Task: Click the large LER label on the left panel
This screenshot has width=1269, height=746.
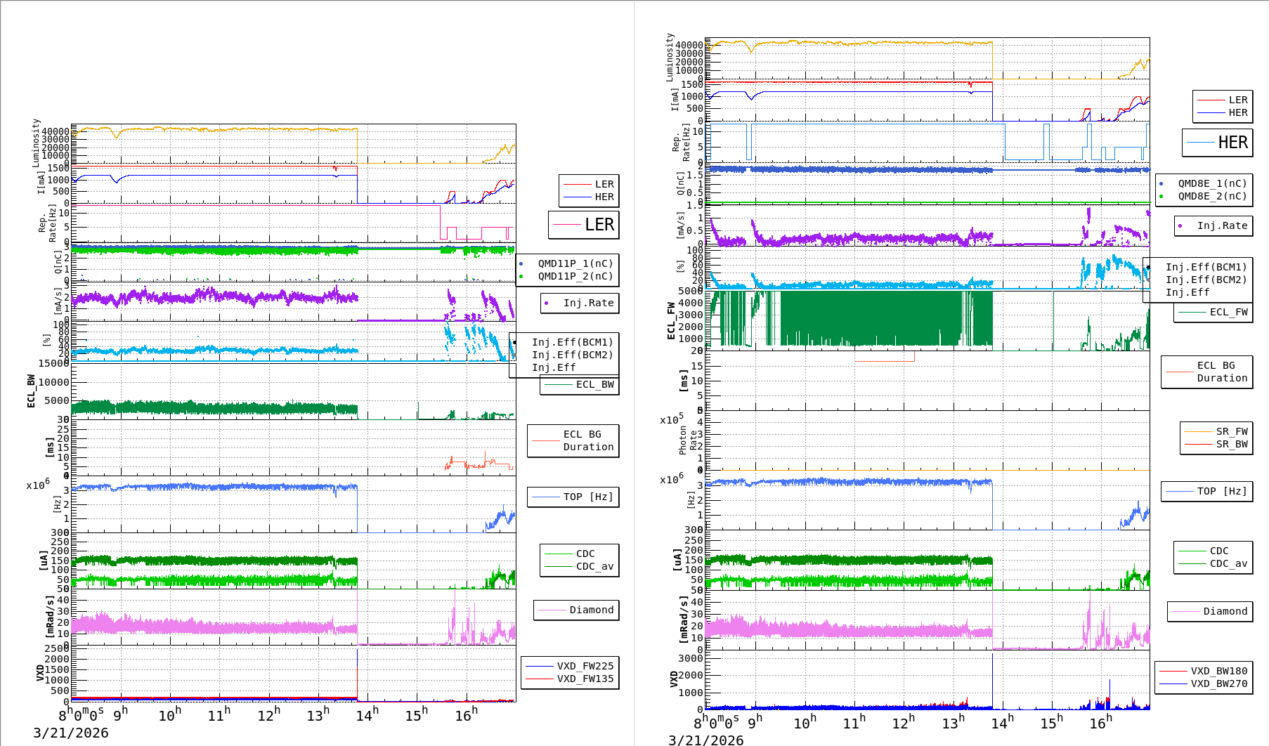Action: coord(599,225)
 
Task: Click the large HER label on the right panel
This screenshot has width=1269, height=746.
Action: coord(1232,143)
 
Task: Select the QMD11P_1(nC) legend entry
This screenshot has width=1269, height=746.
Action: coord(575,263)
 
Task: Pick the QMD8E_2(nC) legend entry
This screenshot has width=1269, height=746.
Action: coord(1212,196)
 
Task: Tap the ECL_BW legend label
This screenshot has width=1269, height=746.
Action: coord(594,384)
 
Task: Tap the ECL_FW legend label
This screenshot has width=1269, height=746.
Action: coord(1228,312)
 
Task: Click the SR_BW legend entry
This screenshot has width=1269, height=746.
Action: coord(1231,444)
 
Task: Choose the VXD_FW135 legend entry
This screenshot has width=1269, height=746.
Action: coord(585,679)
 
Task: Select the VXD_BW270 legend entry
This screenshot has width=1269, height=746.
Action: coord(1218,683)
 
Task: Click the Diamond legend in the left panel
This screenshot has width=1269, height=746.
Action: coord(591,610)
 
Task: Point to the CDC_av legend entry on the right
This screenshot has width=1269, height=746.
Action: coord(1228,563)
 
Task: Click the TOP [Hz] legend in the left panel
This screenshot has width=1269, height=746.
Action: coord(587,497)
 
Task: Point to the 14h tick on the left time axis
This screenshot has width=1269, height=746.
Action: coord(367,715)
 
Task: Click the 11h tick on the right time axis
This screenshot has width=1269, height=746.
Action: coord(854,723)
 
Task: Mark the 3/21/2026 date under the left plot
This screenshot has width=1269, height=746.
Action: coord(71,733)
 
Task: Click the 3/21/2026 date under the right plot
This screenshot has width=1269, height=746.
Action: coord(705,740)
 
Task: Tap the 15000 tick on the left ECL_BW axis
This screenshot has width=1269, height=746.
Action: coord(53,363)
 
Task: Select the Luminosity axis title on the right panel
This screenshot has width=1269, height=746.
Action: coord(670,57)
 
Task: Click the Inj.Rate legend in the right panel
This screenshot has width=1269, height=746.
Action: coord(1222,225)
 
